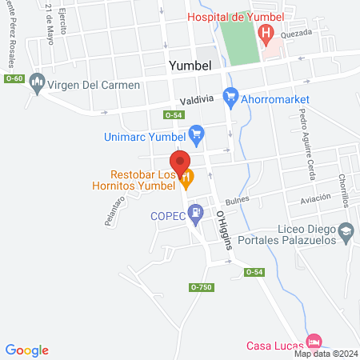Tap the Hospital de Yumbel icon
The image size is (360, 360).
tap(266, 33)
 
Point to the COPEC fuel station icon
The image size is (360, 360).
tap(194, 214)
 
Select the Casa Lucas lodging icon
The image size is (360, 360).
tap(314, 339)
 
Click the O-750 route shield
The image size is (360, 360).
tap(202, 287)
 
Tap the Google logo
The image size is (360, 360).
tap(27, 350)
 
